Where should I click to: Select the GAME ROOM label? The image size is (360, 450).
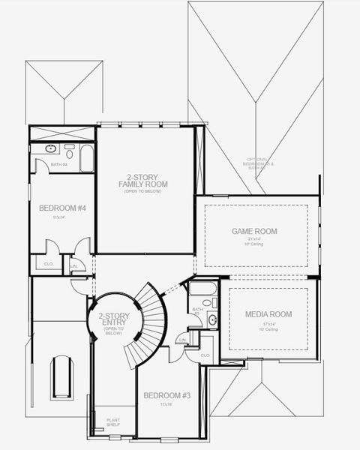[253, 231]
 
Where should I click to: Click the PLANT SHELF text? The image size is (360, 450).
[113, 422]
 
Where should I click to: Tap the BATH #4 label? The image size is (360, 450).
[59, 164]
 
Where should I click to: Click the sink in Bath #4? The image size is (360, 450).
[50, 149]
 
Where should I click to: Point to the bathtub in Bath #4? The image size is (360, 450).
[87, 157]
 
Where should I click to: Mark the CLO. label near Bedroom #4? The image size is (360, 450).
[48, 264]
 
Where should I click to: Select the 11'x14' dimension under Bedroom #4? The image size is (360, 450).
[60, 217]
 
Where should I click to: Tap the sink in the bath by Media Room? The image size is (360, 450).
[212, 319]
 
